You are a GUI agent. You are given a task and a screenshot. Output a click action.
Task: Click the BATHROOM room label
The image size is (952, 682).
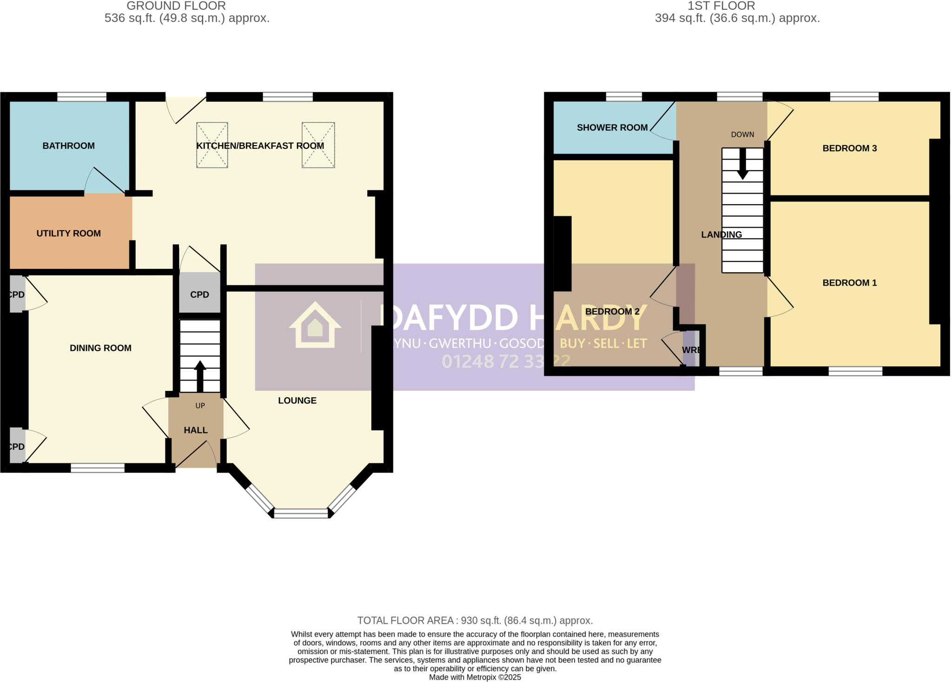tap(68, 146)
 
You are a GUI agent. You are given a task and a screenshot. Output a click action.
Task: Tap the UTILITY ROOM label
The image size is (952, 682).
tap(68, 233)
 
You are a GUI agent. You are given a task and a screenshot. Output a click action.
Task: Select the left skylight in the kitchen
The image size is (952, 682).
tap(212, 145)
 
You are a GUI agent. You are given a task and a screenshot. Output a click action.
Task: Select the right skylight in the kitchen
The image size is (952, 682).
tap(318, 145)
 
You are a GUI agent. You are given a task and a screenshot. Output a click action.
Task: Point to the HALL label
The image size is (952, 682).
tap(195, 430)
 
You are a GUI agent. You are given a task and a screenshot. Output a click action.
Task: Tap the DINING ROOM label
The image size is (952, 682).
tap(100, 348)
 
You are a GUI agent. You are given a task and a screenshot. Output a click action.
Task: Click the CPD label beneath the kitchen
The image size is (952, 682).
tap(199, 294)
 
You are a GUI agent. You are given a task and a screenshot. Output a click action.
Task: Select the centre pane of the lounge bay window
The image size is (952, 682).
tap(301, 513)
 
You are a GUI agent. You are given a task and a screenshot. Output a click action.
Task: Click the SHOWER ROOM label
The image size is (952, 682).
tap(612, 127)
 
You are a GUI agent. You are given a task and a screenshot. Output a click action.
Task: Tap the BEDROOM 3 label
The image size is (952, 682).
tap(849, 148)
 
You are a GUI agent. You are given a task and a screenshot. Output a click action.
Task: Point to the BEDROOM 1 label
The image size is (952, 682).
tap(849, 282)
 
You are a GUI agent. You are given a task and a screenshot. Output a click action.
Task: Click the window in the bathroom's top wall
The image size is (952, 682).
tap(82, 97)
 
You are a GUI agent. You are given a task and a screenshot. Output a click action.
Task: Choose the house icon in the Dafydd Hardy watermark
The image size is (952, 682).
tap(315, 325)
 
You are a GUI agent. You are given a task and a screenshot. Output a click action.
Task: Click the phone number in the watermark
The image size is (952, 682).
tap(505, 361)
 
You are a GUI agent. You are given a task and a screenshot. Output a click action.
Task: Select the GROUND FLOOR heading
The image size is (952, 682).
tap(176, 6)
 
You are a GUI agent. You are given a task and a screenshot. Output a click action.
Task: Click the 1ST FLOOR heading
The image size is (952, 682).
tap(721, 6)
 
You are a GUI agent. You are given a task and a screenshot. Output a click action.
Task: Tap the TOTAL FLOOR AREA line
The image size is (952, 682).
tap(475, 620)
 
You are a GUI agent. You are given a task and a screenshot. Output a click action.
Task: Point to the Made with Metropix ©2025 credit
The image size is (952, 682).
tap(475, 677)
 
